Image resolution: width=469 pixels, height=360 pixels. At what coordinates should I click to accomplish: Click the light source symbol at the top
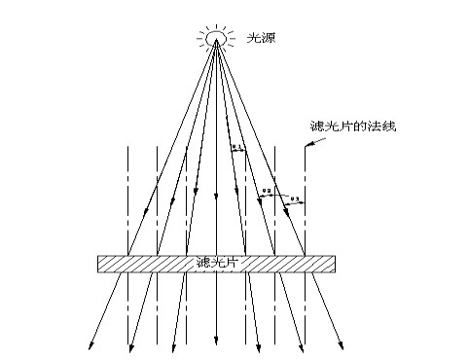[x=215, y=37]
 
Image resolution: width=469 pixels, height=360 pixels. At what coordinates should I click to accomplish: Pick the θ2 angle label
[x=268, y=191]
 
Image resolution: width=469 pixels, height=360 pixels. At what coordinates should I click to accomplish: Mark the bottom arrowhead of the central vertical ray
[x=215, y=346]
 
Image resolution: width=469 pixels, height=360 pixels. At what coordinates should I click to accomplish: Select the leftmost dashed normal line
[x=127, y=195]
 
